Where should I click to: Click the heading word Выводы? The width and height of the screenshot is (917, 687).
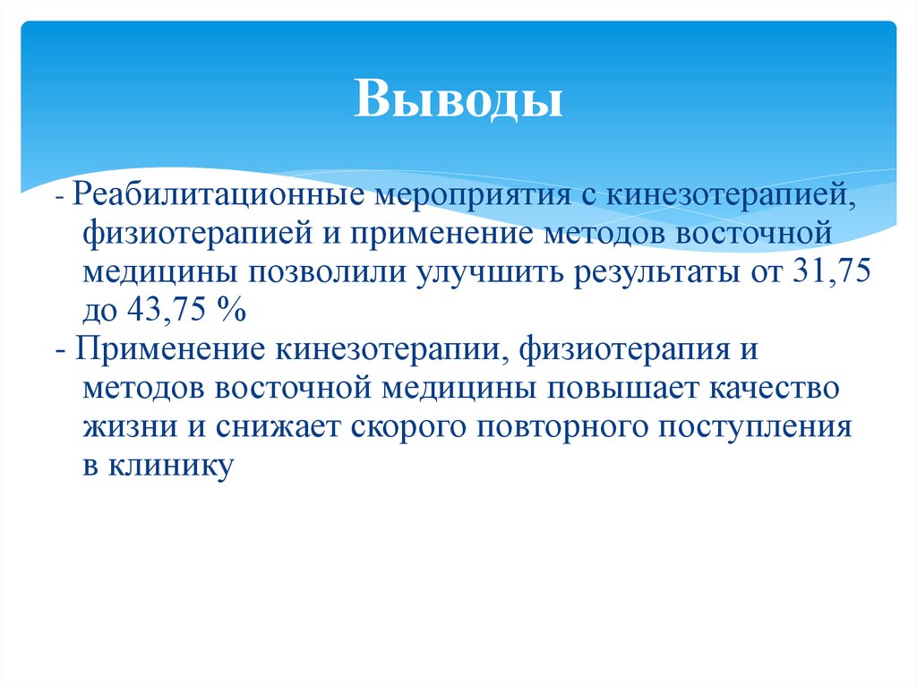(458, 100)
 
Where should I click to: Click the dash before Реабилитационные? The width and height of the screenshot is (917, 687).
(58, 196)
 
